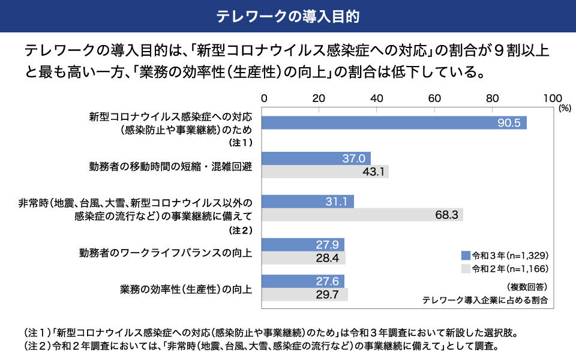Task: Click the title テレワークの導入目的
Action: pyautogui.click(x=288, y=16)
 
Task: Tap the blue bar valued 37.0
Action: pyautogui.click(x=317, y=158)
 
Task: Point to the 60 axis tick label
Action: pyautogui.click(x=434, y=98)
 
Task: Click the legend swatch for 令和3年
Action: pyautogui.click(x=465, y=254)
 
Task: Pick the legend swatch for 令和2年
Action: pyautogui.click(x=465, y=268)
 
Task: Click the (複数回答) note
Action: pyautogui.click(x=526, y=286)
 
